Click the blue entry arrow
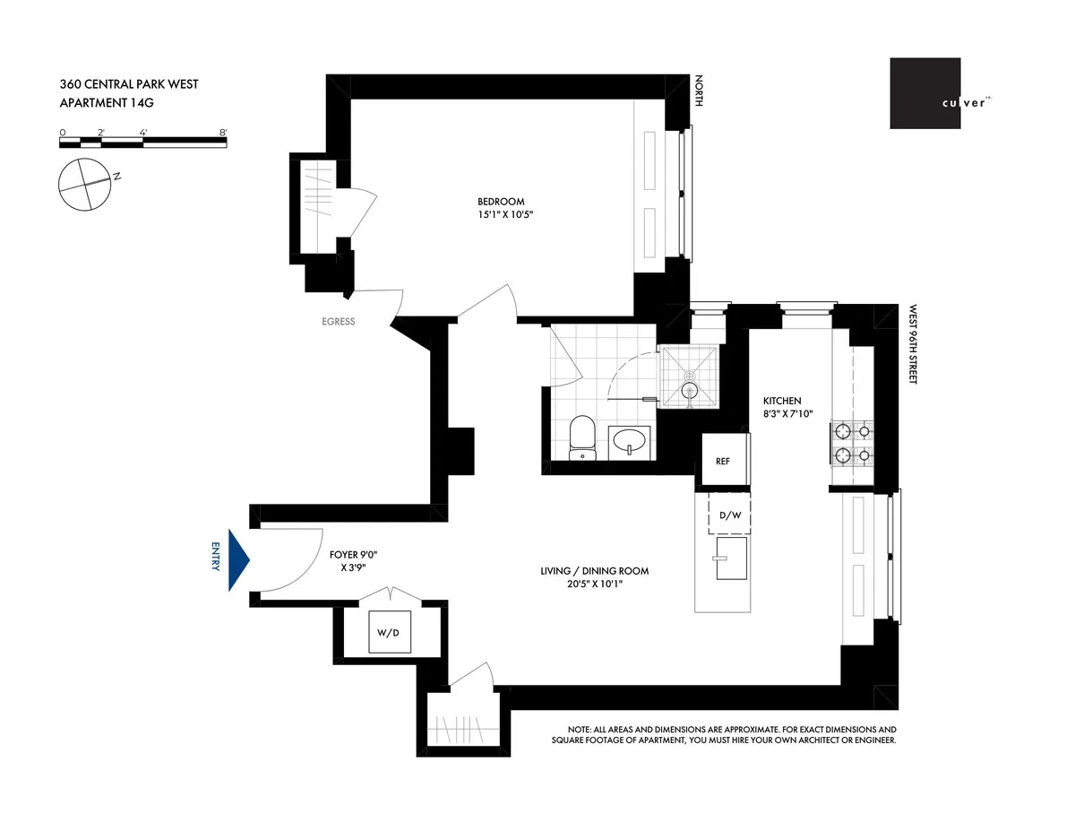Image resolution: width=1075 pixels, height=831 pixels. (238, 559)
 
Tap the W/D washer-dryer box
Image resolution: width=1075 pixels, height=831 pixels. (391, 633)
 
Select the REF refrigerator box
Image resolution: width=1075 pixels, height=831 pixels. (722, 461)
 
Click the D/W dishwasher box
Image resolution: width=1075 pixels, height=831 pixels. (729, 515)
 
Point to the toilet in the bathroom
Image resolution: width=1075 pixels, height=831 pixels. (581, 437)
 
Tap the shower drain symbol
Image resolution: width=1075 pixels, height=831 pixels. (689, 390)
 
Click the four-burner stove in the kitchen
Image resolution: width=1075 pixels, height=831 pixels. (853, 443)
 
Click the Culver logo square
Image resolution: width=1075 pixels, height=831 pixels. (925, 94)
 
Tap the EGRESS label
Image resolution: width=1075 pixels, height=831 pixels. (338, 322)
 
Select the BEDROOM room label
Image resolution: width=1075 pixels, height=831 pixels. (501, 202)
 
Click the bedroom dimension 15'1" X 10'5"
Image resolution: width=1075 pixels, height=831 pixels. (501, 215)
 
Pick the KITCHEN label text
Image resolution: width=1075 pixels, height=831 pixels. (782, 401)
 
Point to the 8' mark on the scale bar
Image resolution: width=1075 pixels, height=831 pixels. (222, 132)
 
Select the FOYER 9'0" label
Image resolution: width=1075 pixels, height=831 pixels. (348, 554)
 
